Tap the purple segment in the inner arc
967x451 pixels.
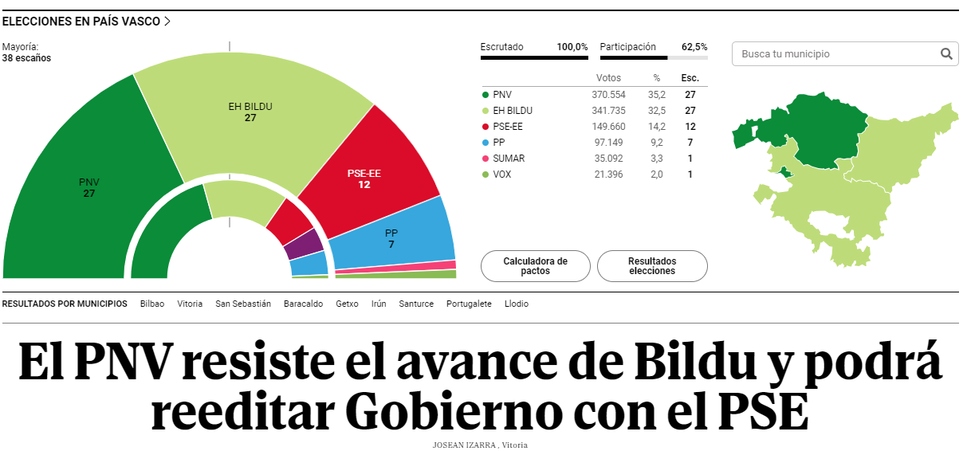pyautogui.click(x=304, y=244)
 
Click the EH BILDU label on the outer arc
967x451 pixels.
pyautogui.click(x=250, y=106)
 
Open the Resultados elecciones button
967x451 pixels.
pyautogui.click(x=652, y=266)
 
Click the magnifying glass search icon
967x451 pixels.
pyautogui.click(x=946, y=54)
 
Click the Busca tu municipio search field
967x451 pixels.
pyautogui.click(x=833, y=54)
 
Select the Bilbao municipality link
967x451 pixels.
pyautogui.click(x=152, y=304)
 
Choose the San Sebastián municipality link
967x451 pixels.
pyautogui.click(x=243, y=304)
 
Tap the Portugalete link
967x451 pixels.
pyautogui.click(x=469, y=304)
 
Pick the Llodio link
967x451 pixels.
pyautogui.click(x=517, y=304)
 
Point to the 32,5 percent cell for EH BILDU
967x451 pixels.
pyautogui.click(x=657, y=110)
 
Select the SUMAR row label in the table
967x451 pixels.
pyautogui.click(x=509, y=158)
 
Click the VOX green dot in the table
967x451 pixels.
pyautogui.click(x=485, y=174)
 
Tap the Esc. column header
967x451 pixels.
pyautogui.click(x=690, y=78)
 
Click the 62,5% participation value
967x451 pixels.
pyautogui.click(x=694, y=47)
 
